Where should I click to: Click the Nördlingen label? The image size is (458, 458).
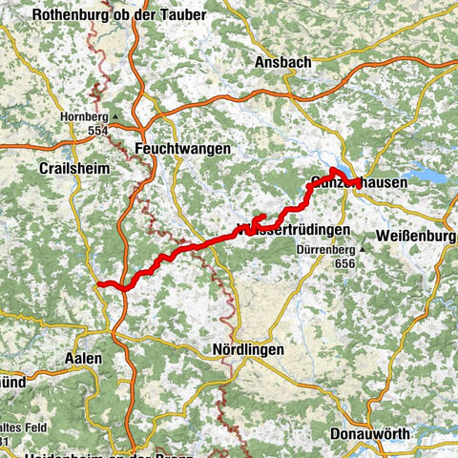coord(248,350)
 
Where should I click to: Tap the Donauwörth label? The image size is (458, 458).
coord(371,433)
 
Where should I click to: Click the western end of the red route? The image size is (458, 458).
coord(100,283)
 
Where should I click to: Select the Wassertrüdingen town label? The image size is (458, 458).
coord(292,230)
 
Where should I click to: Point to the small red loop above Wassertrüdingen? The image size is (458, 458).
coord(257,219)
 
